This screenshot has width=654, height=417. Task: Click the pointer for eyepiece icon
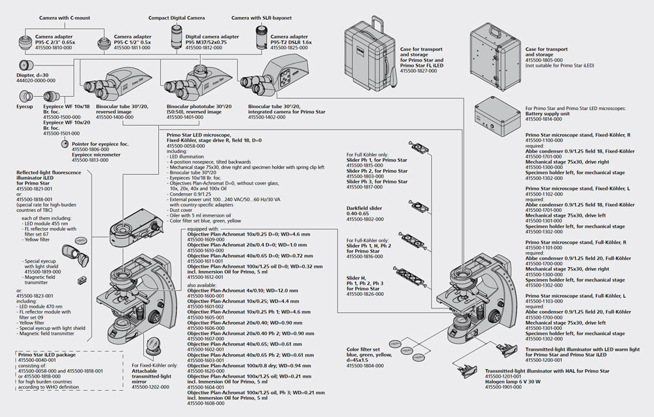64,143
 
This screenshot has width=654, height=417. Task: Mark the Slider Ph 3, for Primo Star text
377,181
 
